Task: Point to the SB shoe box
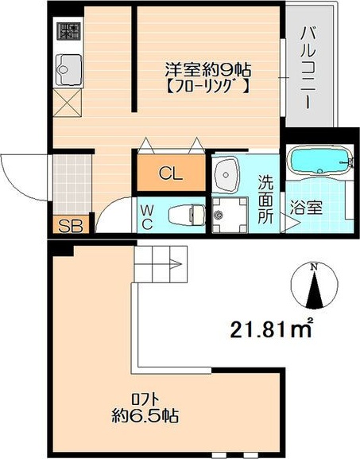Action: [71, 226]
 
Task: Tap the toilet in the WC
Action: [184, 213]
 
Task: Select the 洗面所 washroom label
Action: [265, 198]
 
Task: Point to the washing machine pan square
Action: [231, 212]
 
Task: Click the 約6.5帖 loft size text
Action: [144, 416]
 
